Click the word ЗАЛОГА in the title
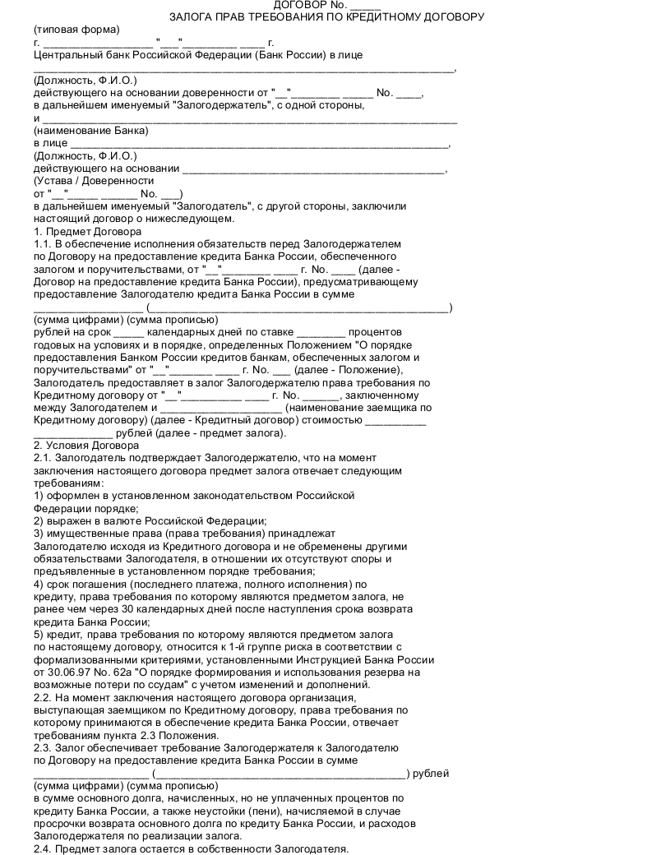coord(195,16)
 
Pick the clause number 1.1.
coord(43,244)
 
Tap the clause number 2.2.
coord(43,698)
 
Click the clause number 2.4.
coord(43,848)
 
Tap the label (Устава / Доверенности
coord(94,181)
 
